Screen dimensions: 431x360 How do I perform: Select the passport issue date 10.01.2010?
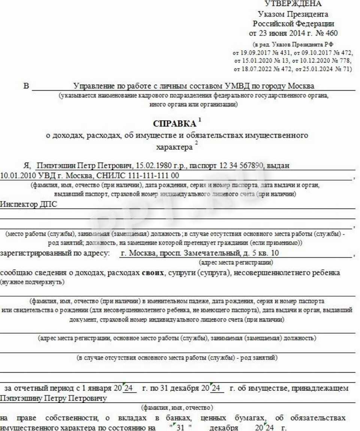pyautogui.click(x=16, y=175)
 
